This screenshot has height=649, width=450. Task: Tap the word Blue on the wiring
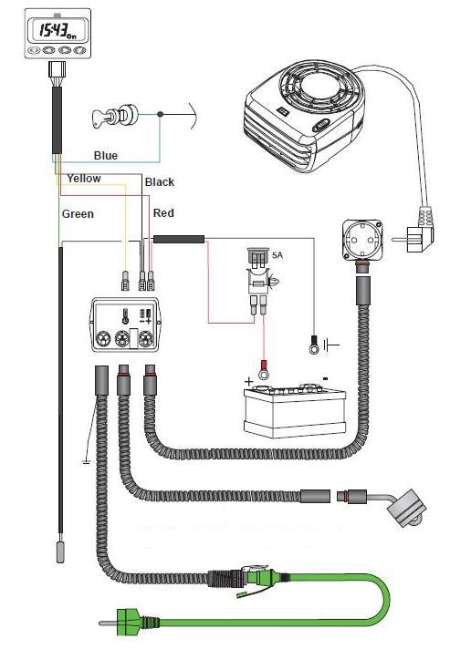pyautogui.click(x=106, y=156)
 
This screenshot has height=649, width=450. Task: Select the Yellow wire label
pyautogui.click(x=84, y=179)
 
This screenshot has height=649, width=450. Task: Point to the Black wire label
pyautogui.click(x=160, y=182)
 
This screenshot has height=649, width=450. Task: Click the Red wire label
pyautogui.click(x=163, y=213)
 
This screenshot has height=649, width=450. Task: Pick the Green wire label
pyautogui.click(x=78, y=214)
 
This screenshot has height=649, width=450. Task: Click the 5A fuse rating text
pyautogui.click(x=277, y=255)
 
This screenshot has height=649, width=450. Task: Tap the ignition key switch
pyautogui.click(x=114, y=116)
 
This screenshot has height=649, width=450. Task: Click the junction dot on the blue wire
pyautogui.click(x=161, y=114)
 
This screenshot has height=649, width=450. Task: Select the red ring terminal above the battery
pyautogui.click(x=264, y=371)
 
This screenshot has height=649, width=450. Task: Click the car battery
pyautogui.click(x=295, y=410)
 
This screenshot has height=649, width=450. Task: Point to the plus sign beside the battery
pyautogui.click(x=248, y=381)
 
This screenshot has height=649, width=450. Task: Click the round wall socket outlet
pyautogui.click(x=362, y=240)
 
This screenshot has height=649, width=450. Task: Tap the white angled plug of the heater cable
pyautogui.click(x=418, y=232)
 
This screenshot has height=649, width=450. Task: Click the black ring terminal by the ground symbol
pyautogui.click(x=314, y=346)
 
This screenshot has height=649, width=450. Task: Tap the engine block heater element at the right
pyautogui.click(x=404, y=510)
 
